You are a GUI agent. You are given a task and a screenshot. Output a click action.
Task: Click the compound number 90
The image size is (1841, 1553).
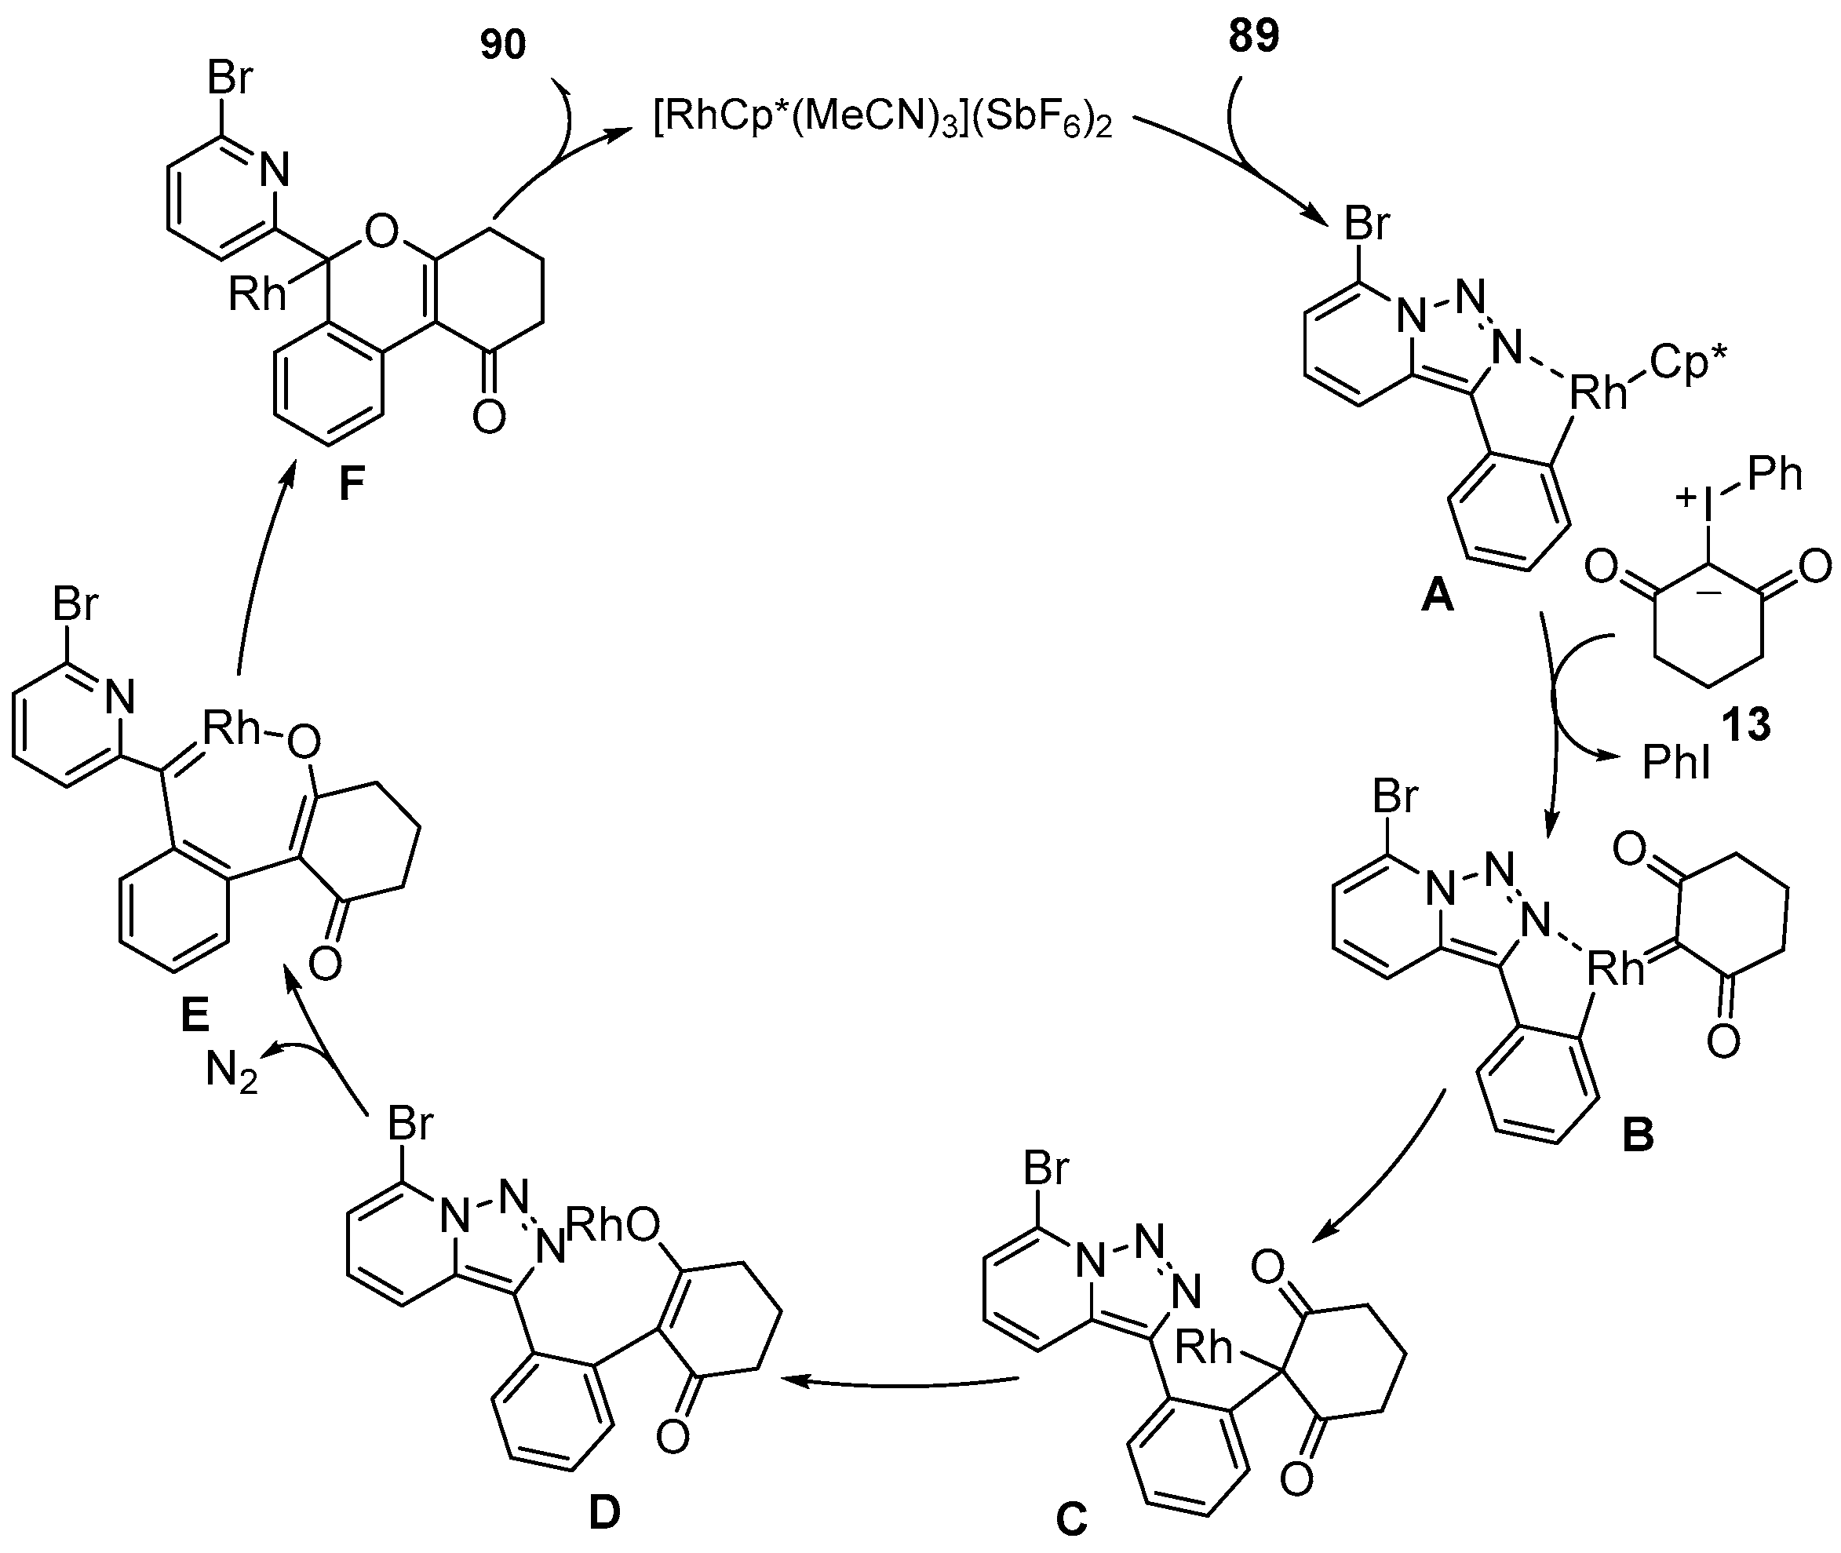[503, 44]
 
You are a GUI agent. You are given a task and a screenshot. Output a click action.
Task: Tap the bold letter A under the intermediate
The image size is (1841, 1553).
[1437, 598]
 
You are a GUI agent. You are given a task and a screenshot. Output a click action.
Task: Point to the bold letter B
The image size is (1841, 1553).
[1638, 1136]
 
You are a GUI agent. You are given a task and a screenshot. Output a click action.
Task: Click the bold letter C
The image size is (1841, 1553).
[1070, 1519]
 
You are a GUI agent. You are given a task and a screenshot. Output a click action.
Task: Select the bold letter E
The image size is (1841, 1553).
[195, 1017]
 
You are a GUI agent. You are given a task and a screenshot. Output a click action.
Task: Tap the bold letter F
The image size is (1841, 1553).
[352, 485]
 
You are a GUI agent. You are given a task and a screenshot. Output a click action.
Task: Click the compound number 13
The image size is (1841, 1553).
[1746, 724]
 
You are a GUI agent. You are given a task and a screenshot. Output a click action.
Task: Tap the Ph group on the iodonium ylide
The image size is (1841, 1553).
[1775, 476]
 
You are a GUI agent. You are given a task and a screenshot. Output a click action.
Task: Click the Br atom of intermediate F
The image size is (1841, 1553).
[231, 78]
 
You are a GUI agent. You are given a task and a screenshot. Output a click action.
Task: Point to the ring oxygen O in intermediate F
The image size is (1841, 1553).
[381, 231]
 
